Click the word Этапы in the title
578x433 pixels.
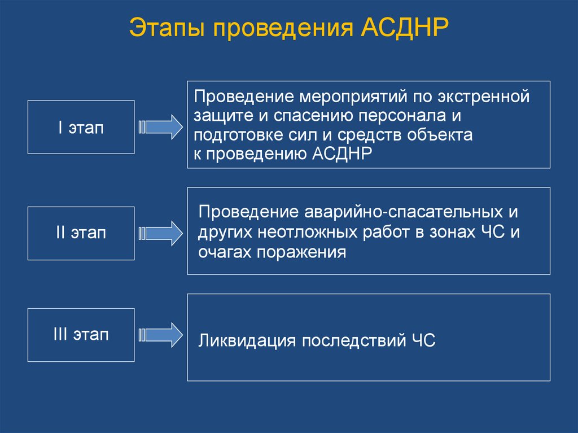click(x=167, y=28)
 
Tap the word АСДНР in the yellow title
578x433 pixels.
click(x=405, y=27)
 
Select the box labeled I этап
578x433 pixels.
click(x=81, y=127)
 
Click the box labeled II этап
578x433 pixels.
click(x=81, y=234)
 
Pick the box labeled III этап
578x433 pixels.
click(x=81, y=335)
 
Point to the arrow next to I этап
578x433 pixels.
click(x=160, y=127)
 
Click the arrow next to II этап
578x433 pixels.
click(x=160, y=234)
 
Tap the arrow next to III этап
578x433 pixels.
click(x=160, y=335)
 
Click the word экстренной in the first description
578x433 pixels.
click(x=484, y=97)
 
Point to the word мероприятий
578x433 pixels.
click(x=353, y=97)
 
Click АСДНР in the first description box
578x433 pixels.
click(x=342, y=154)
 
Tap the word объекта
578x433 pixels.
click(x=440, y=135)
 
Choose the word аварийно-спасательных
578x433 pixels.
click(x=404, y=212)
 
